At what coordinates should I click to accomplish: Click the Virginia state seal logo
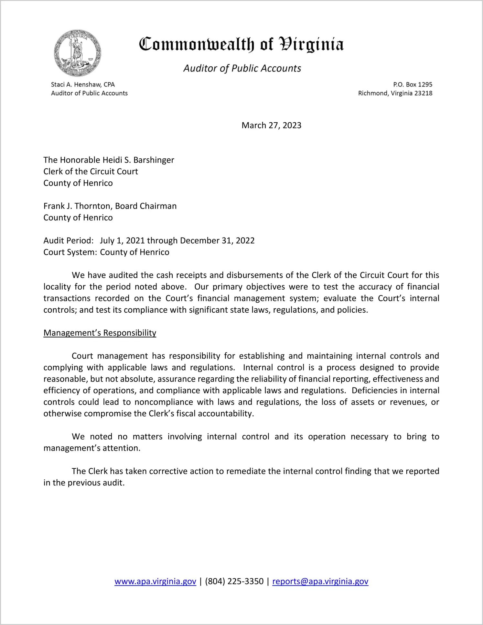pyautogui.click(x=77, y=53)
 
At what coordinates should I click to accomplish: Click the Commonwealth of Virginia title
pyautogui.click(x=241, y=45)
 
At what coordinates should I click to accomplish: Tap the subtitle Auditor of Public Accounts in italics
pyautogui.click(x=242, y=68)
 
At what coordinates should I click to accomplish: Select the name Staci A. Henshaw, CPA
pyautogui.click(x=83, y=84)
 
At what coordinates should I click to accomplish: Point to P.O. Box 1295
pyautogui.click(x=413, y=84)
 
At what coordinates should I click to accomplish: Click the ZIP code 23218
pyautogui.click(x=423, y=93)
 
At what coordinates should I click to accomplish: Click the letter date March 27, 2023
pyautogui.click(x=271, y=125)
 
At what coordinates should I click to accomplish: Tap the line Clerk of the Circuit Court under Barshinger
pyautogui.click(x=91, y=172)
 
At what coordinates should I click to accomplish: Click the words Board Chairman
pyautogui.click(x=146, y=206)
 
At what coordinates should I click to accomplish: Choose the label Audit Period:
pyautogui.click(x=69, y=240)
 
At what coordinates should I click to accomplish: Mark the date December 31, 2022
pyautogui.click(x=217, y=240)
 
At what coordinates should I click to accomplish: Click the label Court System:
pyautogui.click(x=70, y=252)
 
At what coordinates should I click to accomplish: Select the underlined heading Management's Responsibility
pyautogui.click(x=100, y=333)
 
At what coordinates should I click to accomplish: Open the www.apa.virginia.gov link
pyautogui.click(x=155, y=581)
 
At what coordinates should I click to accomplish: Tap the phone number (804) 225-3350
pyautogui.click(x=234, y=581)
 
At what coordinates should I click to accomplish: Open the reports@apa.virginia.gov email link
pyautogui.click(x=320, y=581)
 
